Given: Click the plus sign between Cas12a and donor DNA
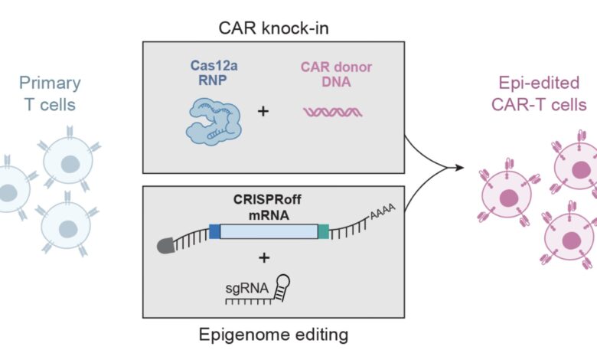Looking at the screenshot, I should click(263, 112).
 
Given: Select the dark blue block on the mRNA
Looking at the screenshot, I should click(214, 231).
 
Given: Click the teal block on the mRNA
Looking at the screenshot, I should click(324, 231).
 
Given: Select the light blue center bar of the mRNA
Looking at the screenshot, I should click(269, 231).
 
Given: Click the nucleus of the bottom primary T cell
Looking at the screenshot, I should click(68, 227).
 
